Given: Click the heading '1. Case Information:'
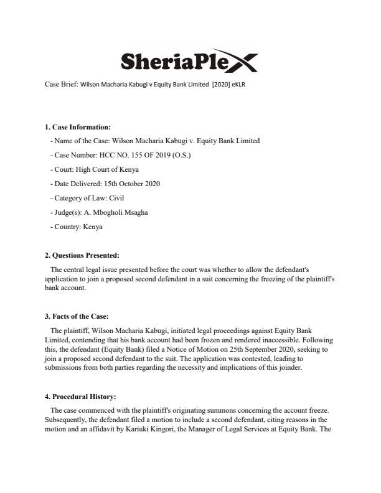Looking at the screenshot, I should (77, 127).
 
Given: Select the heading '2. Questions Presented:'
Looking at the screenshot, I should (82, 255).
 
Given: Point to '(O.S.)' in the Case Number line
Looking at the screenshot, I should (199, 155).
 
